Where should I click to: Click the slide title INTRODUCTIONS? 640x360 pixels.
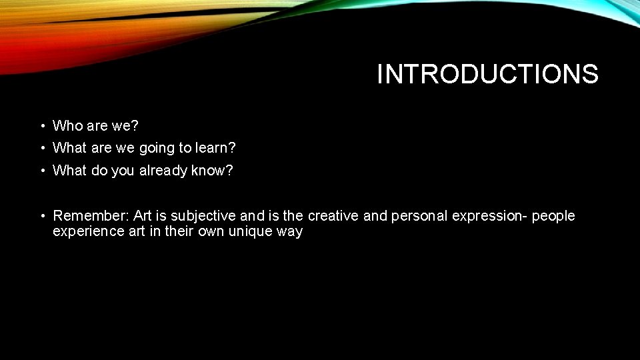point(487,74)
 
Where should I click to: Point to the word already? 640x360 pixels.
point(163,171)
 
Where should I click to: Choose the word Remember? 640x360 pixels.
point(91,216)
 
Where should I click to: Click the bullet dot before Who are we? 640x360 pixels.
point(41,126)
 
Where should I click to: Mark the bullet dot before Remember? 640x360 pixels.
point(41,216)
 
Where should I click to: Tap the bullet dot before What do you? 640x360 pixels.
point(41,171)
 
